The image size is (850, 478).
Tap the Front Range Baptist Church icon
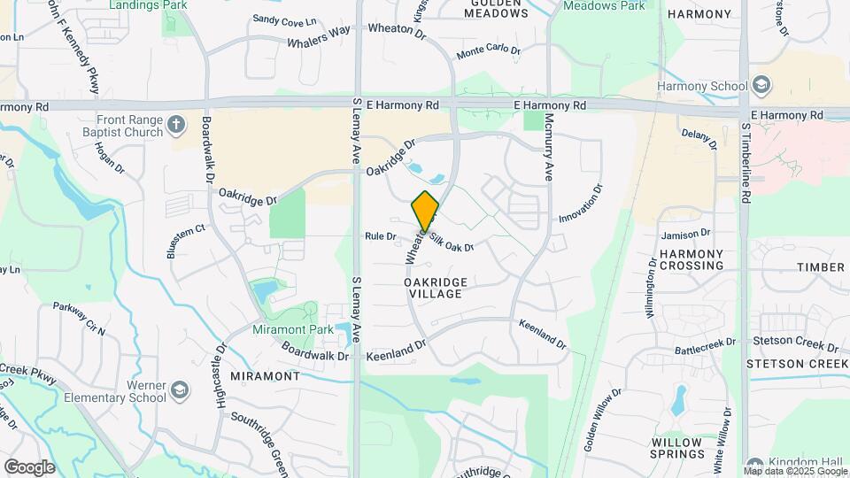pyautogui.click(x=176, y=124)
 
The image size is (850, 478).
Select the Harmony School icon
pyautogui.click(x=762, y=86)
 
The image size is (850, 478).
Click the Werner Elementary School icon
pyautogui.click(x=180, y=390)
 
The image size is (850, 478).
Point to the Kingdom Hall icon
pyautogui.click(x=753, y=464)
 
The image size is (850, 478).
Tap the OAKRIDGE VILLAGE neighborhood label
pyautogui.click(x=435, y=287)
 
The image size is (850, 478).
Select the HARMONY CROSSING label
pyautogui.click(x=692, y=259)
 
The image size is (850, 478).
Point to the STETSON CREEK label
pyautogui.click(x=798, y=364)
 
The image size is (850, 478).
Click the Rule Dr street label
pyautogui.click(x=380, y=236)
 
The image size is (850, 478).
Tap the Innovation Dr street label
pyautogui.click(x=581, y=204)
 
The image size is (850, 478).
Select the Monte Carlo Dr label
pyautogui.click(x=488, y=51)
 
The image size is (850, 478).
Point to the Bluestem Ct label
pyautogui.click(x=185, y=241)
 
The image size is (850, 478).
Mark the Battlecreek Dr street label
pyautogui.click(x=706, y=344)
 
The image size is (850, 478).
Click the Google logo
pyautogui.click(x=29, y=466)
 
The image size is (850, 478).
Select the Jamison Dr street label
pyautogui.click(x=685, y=235)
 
